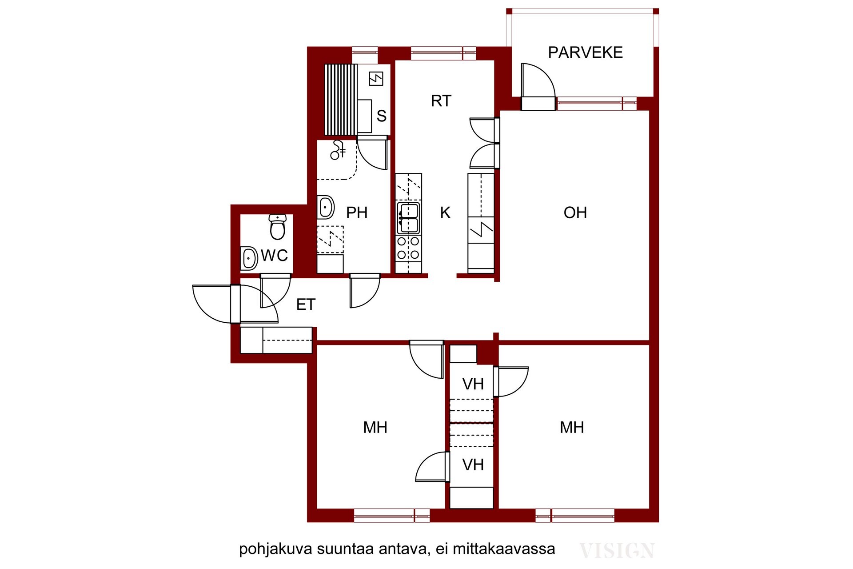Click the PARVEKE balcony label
[x=585, y=52]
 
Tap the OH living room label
[x=575, y=213]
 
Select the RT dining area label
[x=441, y=101]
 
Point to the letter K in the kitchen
[x=445, y=213]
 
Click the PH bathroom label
[x=357, y=213]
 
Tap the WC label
[x=275, y=256]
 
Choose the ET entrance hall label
[x=306, y=305]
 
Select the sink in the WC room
[x=249, y=258]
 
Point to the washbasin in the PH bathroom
[x=326, y=207]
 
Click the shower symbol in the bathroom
[x=338, y=150]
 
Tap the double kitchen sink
[x=408, y=218]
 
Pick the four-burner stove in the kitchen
[x=408, y=248]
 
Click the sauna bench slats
[x=341, y=100]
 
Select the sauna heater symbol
[x=376, y=79]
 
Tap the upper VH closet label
[x=473, y=384]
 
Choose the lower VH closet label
[x=473, y=465]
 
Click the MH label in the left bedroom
[x=375, y=428]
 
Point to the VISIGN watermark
[x=617, y=551]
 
